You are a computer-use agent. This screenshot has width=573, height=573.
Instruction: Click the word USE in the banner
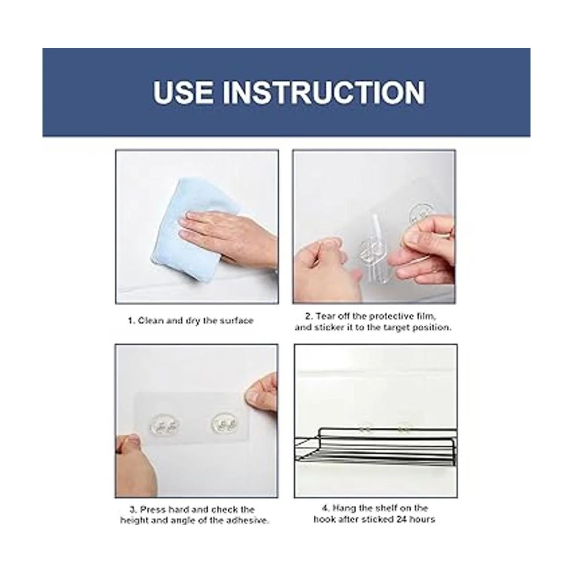183,92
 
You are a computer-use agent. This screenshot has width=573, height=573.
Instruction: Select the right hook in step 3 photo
225,423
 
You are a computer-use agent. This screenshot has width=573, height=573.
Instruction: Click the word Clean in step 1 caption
150,320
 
